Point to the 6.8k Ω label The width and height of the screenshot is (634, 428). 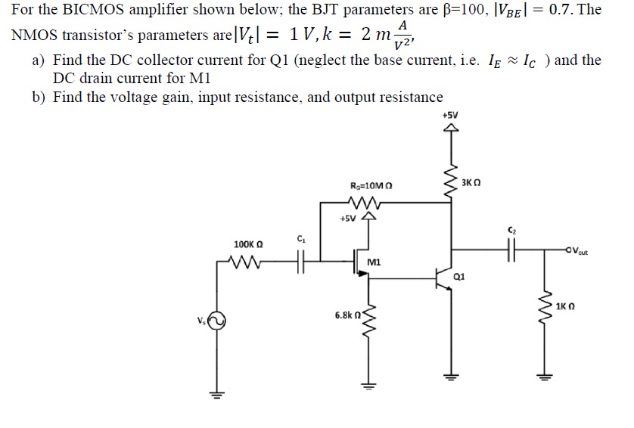click(x=345, y=313)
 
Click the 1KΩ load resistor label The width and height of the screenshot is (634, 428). click(x=565, y=307)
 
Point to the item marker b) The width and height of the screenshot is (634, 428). click(x=39, y=98)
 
